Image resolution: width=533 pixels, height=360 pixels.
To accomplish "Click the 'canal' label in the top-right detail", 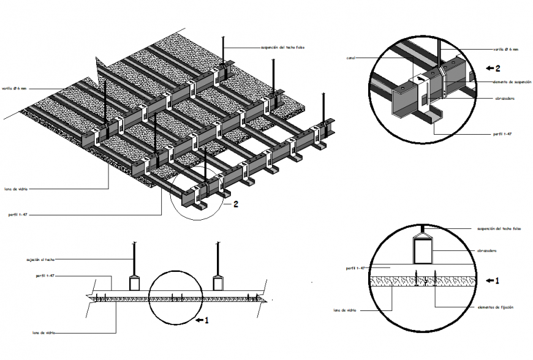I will pos(350,58).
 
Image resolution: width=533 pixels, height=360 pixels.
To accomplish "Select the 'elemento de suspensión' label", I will pos(508,81).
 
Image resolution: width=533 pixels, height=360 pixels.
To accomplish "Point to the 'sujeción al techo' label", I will pos(40,259).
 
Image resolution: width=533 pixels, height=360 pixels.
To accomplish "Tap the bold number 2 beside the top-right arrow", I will pos(498,68).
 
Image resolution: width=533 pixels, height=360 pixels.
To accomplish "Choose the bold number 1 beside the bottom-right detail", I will pos(497,281).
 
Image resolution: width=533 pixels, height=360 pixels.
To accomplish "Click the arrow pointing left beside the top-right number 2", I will pos(488,68).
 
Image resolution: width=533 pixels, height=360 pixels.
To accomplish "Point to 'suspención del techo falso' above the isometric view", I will pos(282,46).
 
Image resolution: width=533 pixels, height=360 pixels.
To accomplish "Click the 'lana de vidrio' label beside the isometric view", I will pos(15,189).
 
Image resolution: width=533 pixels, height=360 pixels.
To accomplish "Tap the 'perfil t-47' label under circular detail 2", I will pos(504,133).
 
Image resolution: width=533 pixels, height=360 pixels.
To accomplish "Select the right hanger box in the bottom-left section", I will pos(218,282).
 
